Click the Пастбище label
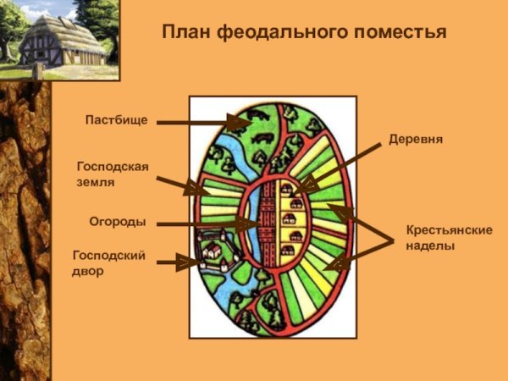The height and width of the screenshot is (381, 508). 116,120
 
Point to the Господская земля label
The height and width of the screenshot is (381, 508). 112,174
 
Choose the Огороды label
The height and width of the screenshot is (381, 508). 118,222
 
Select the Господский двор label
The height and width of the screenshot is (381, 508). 108,263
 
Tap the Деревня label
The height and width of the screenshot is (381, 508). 416,138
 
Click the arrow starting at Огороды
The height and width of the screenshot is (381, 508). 203,224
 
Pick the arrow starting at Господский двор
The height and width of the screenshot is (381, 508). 178,263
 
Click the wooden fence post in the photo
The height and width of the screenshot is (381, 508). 36,71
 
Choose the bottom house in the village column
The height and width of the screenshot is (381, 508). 289,250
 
